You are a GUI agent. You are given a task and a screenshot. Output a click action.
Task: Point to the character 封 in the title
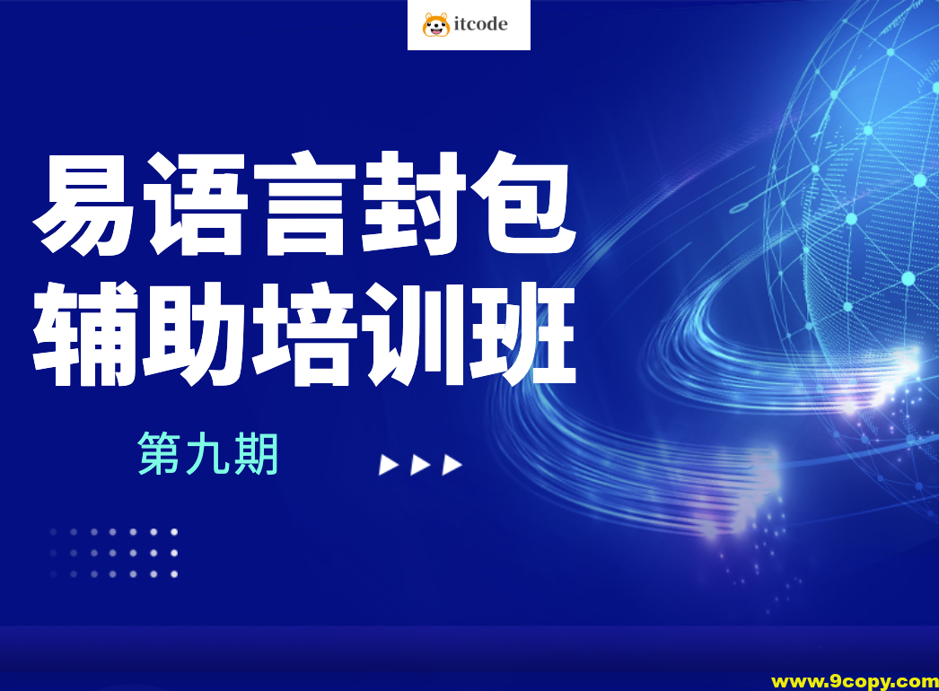pyautogui.click(x=415, y=204)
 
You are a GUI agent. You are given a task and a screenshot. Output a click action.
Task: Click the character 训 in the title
pyautogui.click(x=415, y=334)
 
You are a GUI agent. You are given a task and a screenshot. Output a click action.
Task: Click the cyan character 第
pyautogui.click(x=160, y=454)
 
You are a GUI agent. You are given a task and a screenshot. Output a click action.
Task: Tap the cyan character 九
pyautogui.click(x=207, y=454)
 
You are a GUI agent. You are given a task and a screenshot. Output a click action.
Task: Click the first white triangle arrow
pyautogui.click(x=388, y=465)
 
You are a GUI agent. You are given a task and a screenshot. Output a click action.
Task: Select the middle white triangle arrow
pyautogui.click(x=420, y=465)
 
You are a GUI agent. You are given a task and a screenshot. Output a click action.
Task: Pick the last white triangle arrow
pyautogui.click(x=452, y=465)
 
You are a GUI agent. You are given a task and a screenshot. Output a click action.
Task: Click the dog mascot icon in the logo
pyautogui.click(x=436, y=24)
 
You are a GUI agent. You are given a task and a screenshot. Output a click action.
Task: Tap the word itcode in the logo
pyautogui.click(x=481, y=24)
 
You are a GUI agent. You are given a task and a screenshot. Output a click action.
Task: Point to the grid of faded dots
pyautogui.click(x=112, y=553)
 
